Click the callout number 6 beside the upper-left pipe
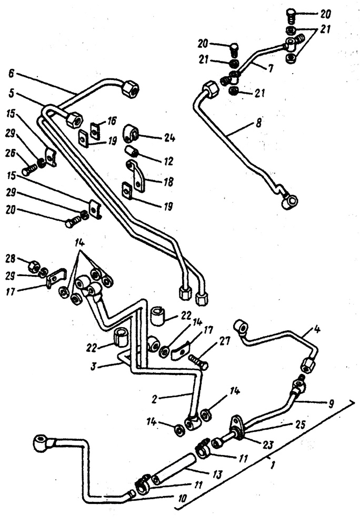[12, 74]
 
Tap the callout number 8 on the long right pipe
[258, 123]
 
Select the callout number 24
[169, 137]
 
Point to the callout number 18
[168, 182]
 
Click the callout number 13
[217, 474]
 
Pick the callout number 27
[225, 341]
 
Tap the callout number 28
[11, 259]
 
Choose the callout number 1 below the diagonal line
[273, 465]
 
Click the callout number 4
[316, 329]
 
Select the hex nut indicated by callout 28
[34, 266]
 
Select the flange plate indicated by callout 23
[237, 427]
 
